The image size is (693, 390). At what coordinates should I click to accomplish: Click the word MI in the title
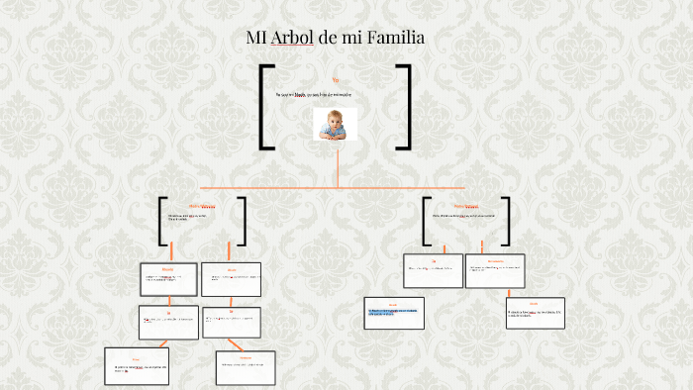pos(255,39)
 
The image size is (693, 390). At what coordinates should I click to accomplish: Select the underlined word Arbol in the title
pos(292,39)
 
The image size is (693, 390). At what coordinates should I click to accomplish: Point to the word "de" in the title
pos(328,39)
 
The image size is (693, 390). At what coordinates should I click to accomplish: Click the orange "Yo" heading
pos(336,78)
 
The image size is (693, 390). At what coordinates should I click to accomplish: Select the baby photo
pos(335,124)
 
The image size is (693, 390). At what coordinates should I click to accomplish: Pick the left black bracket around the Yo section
pos(265,107)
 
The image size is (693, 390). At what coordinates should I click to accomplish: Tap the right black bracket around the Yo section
pos(404,107)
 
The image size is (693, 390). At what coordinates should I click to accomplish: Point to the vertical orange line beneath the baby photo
pos(338,166)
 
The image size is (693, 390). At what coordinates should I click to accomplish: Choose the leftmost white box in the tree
pos(137,365)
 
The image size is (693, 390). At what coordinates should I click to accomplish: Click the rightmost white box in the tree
pos(535,313)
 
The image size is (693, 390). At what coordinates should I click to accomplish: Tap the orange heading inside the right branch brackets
pos(466,206)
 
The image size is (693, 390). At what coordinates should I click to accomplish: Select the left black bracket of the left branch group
pos(162,220)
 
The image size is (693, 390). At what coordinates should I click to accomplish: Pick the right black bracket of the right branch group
pos(507,220)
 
